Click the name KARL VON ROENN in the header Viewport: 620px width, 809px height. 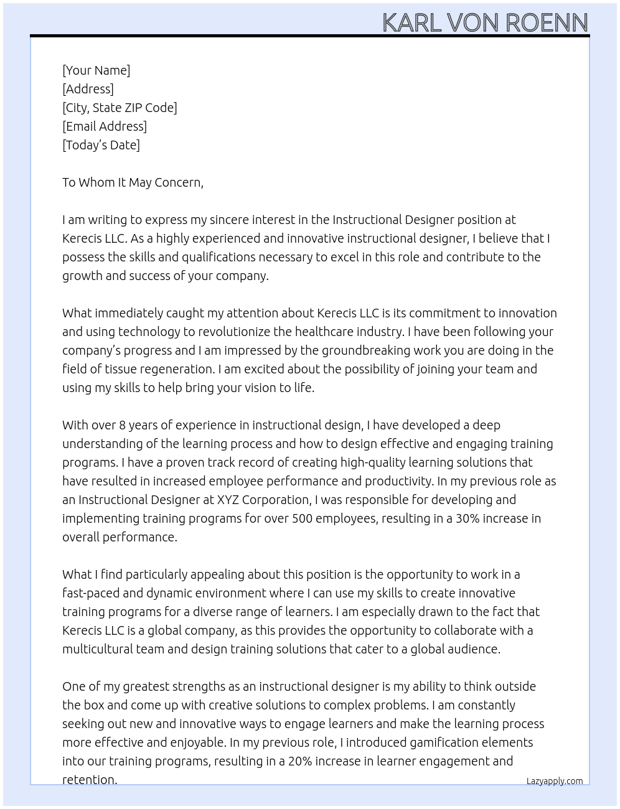click(x=485, y=22)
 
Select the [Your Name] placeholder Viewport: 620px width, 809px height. click(x=96, y=70)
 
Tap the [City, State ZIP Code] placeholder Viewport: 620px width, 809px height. click(x=120, y=108)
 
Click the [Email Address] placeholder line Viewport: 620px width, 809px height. click(x=105, y=126)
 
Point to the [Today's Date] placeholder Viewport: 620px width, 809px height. click(x=101, y=145)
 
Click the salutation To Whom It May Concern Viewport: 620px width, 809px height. click(x=133, y=182)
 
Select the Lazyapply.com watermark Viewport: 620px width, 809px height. click(x=554, y=781)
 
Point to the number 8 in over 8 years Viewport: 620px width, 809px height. click(x=122, y=425)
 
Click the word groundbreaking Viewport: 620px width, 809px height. click(x=365, y=350)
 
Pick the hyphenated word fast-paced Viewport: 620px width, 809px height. click(x=93, y=593)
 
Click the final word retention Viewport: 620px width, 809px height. click(x=90, y=780)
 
